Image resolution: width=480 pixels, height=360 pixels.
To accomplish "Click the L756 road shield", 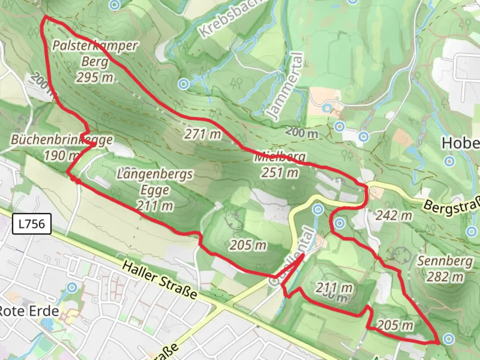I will click(32, 224).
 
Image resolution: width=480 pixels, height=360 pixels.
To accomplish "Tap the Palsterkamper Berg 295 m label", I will click(95, 62).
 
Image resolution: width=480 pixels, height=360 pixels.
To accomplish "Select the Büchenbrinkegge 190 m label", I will click(62, 147).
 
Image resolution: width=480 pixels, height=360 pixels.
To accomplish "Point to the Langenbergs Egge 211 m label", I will click(155, 190).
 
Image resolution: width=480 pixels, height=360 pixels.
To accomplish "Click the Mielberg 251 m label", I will click(280, 165).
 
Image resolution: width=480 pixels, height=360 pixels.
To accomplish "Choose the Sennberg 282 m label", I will click(445, 269).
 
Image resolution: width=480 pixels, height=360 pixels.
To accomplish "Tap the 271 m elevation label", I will click(203, 134).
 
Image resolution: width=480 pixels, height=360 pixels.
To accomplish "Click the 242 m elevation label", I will click(394, 216).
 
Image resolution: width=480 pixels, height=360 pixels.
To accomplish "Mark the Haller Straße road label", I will click(159, 279).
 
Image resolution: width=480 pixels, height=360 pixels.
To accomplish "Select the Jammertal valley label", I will click(286, 86).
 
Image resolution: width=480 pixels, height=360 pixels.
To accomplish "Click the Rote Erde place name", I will click(29, 311).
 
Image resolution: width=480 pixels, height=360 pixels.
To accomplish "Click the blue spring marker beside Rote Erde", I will click(72, 287).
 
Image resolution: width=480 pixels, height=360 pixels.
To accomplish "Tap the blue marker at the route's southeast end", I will click(449, 339).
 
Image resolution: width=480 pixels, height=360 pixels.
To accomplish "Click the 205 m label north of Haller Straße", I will click(248, 245).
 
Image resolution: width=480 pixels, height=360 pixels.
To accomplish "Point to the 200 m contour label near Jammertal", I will click(302, 133).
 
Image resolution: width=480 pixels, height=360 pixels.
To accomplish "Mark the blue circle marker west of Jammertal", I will click(183, 84).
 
